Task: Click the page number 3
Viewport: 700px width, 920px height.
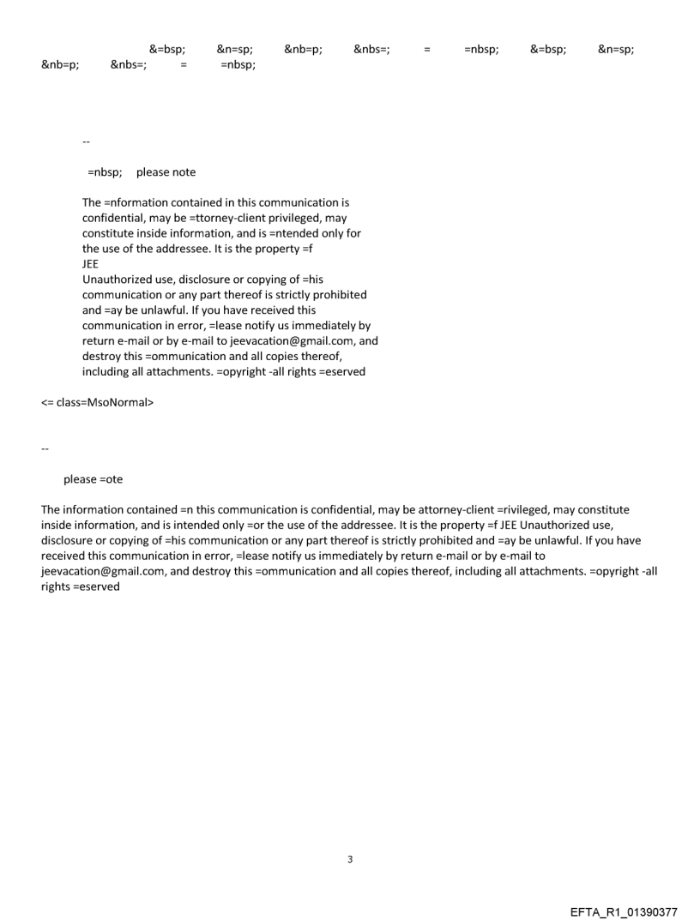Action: pos(349,859)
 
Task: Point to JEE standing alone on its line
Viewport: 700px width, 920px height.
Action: pos(91,264)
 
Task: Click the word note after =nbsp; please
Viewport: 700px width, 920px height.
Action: pos(181,172)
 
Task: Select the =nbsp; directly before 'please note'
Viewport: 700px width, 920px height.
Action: pos(105,172)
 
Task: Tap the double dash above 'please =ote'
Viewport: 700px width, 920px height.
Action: pos(45,448)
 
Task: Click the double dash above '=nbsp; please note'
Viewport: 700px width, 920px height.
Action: pos(86,141)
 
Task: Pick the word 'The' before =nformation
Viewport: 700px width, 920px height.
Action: pos(92,203)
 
